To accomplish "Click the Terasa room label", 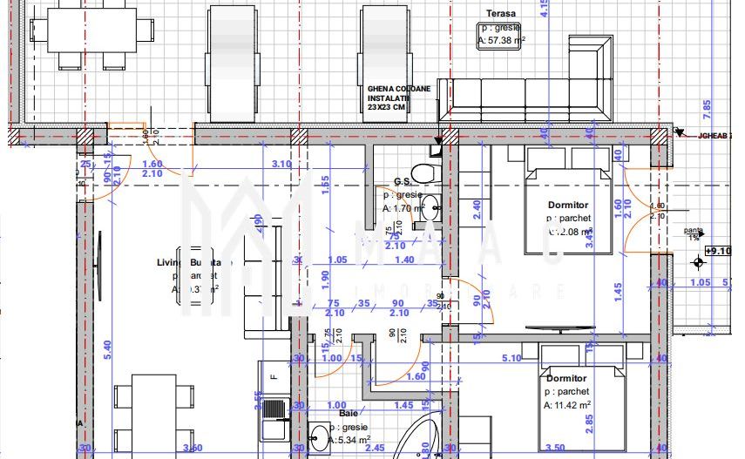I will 501,14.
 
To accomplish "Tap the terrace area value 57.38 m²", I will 501,39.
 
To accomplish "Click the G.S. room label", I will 402,182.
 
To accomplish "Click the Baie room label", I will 336,405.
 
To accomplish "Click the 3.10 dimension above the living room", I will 281,164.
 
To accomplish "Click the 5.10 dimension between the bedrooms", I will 512,357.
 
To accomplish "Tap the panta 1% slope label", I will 694,233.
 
